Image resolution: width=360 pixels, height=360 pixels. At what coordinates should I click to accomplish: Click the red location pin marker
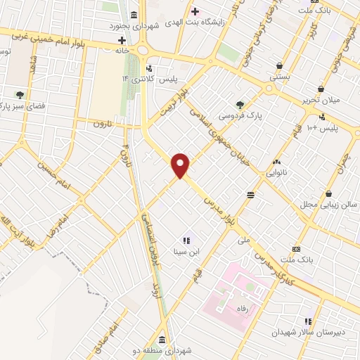pos(181,165)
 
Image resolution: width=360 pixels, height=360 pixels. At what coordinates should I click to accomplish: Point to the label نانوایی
pos(276,172)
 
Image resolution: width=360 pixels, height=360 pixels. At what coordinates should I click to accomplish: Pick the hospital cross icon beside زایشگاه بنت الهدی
pos(195,11)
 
